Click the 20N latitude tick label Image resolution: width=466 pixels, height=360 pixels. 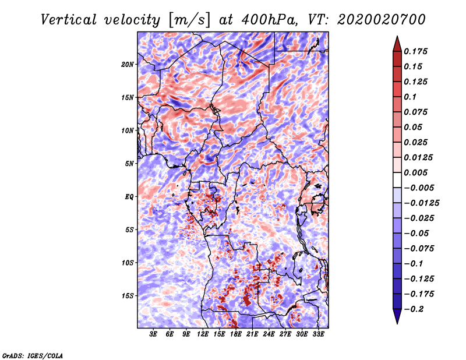point(127,65)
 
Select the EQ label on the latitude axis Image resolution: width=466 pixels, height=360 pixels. point(129,197)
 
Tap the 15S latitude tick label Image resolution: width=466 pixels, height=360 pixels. point(127,296)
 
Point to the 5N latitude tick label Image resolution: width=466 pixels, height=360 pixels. point(129,164)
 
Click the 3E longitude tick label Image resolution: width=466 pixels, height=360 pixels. point(153,334)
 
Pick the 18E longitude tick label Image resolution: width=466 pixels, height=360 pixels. point(236,334)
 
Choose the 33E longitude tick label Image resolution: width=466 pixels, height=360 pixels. point(318,334)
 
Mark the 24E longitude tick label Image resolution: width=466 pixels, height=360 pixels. point(269,334)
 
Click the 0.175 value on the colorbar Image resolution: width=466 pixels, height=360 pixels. point(415,51)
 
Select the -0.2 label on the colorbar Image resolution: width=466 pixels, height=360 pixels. point(414,309)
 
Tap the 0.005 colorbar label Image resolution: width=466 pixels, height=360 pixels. point(415,172)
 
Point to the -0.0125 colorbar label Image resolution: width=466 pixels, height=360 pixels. point(421,203)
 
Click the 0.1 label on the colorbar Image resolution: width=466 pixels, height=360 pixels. point(410,97)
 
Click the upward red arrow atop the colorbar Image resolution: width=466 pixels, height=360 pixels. point(397,44)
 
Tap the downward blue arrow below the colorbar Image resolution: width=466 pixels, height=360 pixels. point(397,316)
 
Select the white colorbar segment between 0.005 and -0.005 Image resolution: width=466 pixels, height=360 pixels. point(397,180)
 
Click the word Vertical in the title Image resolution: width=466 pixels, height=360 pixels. point(69,20)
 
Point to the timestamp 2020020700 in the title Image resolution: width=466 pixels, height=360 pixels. point(381,20)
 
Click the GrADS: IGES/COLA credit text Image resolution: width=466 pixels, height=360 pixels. point(33,355)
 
